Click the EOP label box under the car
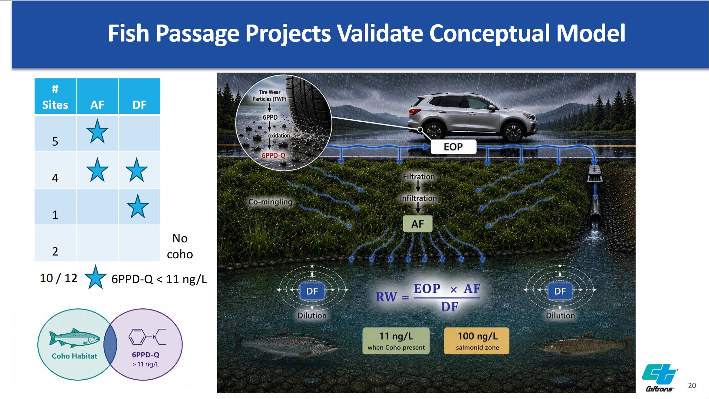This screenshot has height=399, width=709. tap(453, 147)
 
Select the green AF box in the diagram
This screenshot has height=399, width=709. tap(418, 224)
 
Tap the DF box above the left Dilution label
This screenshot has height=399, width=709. tap(312, 291)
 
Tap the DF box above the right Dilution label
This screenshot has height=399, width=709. tap(560, 291)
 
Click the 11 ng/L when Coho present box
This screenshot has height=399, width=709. tap(396, 341)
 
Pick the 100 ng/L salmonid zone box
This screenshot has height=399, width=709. tap(477, 341)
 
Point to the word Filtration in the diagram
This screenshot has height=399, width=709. tap(419, 177)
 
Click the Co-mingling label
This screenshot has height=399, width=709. tap(270, 202)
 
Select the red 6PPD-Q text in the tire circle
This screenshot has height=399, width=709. tap(274, 156)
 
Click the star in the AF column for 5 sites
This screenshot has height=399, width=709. tap(97, 131)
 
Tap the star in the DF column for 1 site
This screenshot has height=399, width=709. tap(138, 206)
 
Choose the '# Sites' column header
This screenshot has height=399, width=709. tap(55, 96)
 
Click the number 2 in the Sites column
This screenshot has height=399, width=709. tap(55, 251)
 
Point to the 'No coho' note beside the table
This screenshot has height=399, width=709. tap(180, 246)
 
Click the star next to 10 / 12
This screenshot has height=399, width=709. tap(95, 277)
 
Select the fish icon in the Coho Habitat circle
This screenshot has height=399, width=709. tap(74, 338)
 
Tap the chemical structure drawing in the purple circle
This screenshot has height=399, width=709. tap(147, 337)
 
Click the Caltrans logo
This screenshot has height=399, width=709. tap(660, 378)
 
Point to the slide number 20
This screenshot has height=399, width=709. tap(692, 386)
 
